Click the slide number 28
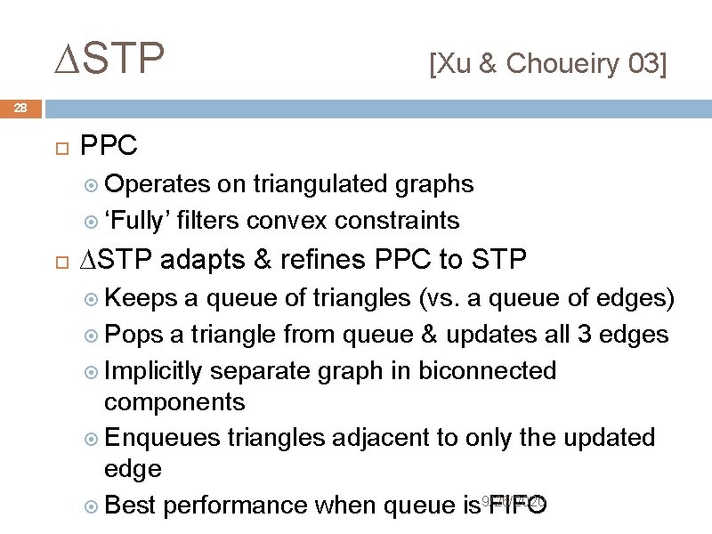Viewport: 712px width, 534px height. (20, 109)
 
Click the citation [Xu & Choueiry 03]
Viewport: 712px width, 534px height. (547, 64)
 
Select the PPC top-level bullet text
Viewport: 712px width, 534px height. (109, 145)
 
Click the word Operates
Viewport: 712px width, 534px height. (158, 184)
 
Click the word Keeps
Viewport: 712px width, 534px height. (140, 298)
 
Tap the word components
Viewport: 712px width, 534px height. (174, 402)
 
